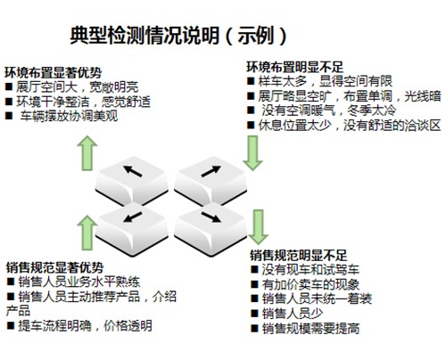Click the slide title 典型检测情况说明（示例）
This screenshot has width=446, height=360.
pos(178,36)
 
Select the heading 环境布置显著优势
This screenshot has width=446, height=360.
pos(54,73)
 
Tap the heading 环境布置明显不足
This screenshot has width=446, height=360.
pos(295,67)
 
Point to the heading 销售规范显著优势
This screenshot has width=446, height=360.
pos(54,267)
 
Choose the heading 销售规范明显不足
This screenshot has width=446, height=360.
pos(299,255)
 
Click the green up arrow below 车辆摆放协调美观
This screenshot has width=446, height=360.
pos(87,153)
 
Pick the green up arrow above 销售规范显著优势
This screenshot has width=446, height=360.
pos(87,233)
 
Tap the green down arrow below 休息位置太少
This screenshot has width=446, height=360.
pos(252,153)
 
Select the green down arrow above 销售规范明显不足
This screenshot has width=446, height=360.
pos(259,227)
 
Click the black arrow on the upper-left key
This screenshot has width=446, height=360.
pos(133,171)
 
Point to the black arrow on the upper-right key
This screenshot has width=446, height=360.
pos(211,171)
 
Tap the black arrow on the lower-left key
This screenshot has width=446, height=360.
pos(133,217)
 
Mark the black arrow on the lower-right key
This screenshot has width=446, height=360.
pos(211,217)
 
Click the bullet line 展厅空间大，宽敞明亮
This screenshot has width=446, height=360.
pos(72,87)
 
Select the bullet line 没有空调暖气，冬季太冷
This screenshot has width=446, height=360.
pos(322,110)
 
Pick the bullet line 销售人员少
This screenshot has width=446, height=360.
pos(287,314)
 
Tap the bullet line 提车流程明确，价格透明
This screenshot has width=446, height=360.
pos(79,325)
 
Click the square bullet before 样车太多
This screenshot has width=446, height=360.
pos(251,81)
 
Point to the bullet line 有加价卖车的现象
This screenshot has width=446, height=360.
pos(305,284)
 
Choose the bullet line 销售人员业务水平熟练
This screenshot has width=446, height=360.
pos(73,282)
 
